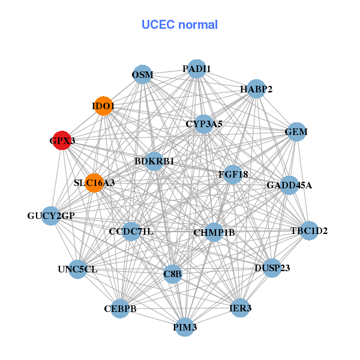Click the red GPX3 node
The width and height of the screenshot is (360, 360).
62,141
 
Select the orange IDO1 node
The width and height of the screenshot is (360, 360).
103,106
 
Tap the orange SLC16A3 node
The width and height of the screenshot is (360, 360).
94,182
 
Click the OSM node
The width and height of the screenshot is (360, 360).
142,75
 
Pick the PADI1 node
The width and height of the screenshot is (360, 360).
197,69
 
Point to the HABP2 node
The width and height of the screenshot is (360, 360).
256,89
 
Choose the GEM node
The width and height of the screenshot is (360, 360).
296,131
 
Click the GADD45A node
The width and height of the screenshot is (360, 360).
289,185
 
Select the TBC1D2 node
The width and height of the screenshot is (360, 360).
309,230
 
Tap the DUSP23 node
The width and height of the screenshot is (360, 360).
272,268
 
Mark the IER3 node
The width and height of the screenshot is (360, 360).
241,308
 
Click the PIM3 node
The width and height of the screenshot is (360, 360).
185,327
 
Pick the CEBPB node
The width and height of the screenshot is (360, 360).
120,309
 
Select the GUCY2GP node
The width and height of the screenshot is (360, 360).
51,215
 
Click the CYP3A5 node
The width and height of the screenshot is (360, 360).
204,124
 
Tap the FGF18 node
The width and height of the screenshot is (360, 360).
233,175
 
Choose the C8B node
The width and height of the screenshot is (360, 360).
173,274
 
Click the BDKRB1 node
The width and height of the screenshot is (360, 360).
154,161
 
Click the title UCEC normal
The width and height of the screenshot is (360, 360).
179,25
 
